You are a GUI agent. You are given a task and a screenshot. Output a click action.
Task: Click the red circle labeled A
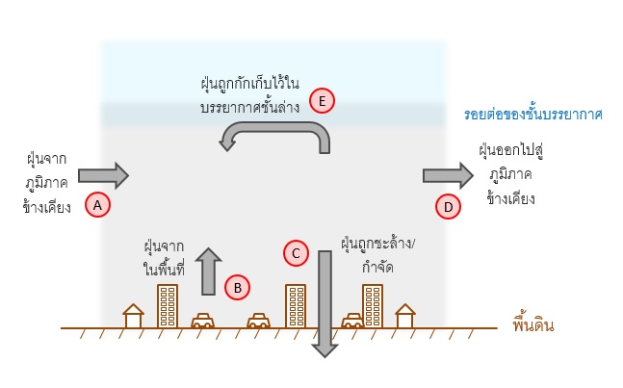(x=96, y=204)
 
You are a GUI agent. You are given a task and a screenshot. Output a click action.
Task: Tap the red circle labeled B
(x=237, y=286)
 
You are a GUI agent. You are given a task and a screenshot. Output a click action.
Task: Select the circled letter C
(x=297, y=253)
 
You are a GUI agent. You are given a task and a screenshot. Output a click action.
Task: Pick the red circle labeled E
(x=323, y=101)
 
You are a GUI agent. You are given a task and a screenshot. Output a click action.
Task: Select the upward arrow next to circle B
(x=206, y=271)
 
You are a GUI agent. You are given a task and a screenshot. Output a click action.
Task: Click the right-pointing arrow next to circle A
(x=103, y=175)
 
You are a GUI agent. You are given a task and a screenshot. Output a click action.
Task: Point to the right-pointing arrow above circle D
(x=448, y=174)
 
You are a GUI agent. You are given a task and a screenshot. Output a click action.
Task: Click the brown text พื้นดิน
(x=533, y=324)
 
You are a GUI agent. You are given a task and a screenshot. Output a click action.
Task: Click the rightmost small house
(x=405, y=316)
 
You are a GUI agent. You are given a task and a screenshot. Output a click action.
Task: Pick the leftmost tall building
(x=168, y=305)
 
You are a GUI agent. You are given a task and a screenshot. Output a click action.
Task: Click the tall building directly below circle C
(x=296, y=305)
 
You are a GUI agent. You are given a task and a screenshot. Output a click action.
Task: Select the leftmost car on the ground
(x=202, y=322)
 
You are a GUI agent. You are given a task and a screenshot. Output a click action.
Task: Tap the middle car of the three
(x=258, y=322)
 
